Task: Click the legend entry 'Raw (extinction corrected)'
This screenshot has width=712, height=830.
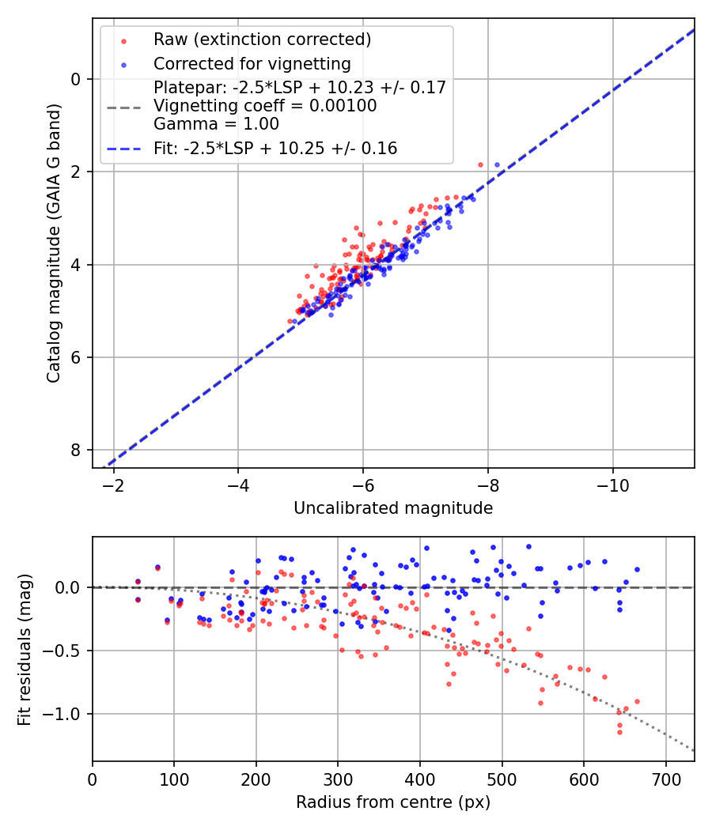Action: [262, 40]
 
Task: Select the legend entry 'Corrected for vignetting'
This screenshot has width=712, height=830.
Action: [252, 63]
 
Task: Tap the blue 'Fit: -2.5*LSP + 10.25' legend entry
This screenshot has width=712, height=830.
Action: [275, 148]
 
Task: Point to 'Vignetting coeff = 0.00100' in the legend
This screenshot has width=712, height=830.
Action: [265, 106]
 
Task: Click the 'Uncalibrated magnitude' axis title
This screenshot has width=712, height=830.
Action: [393, 508]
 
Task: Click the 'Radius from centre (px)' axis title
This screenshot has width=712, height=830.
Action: [393, 802]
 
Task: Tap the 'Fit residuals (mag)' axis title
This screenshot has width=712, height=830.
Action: [25, 650]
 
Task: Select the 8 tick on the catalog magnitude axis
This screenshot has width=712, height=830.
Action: [77, 450]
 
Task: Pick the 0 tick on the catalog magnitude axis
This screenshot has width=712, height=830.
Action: [77, 79]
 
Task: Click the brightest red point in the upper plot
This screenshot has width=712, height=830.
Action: [480, 164]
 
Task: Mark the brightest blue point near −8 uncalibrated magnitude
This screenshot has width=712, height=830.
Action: [497, 164]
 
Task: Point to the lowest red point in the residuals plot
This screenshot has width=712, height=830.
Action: [619, 732]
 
